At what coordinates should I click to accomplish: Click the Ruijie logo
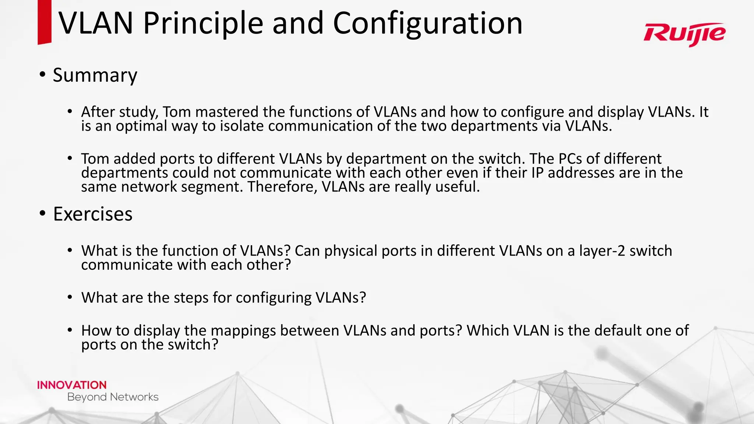pyautogui.click(x=684, y=34)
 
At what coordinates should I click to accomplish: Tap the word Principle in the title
pyautogui.click(x=203, y=23)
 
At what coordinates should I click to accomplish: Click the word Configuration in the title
pyautogui.click(x=427, y=23)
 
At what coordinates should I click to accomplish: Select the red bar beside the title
pyautogui.click(x=44, y=22)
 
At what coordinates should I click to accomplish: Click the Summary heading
pyautogui.click(x=95, y=75)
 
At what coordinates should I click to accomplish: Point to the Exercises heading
pyautogui.click(x=93, y=214)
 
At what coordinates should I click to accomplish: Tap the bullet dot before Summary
pyautogui.click(x=43, y=75)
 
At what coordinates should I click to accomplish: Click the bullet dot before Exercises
pyautogui.click(x=43, y=213)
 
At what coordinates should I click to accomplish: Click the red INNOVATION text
pyautogui.click(x=72, y=385)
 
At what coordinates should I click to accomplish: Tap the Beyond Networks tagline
pyautogui.click(x=113, y=397)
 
